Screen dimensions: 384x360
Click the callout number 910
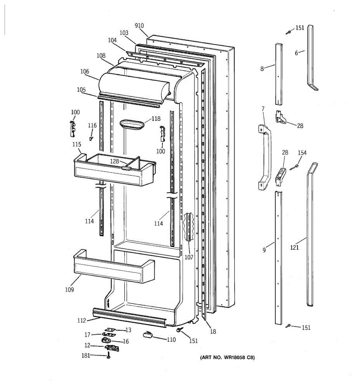click(x=139, y=26)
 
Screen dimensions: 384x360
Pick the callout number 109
click(x=69, y=289)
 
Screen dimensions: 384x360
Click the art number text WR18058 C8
click(x=228, y=358)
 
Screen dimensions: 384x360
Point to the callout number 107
click(x=189, y=257)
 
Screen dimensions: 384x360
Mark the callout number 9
click(x=264, y=250)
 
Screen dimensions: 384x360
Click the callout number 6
click(x=296, y=53)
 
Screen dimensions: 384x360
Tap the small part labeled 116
click(x=91, y=138)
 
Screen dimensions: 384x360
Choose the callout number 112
click(x=81, y=320)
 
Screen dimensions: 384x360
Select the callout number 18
click(x=213, y=332)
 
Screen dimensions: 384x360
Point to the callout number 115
click(x=76, y=145)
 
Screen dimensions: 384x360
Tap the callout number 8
click(x=262, y=68)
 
